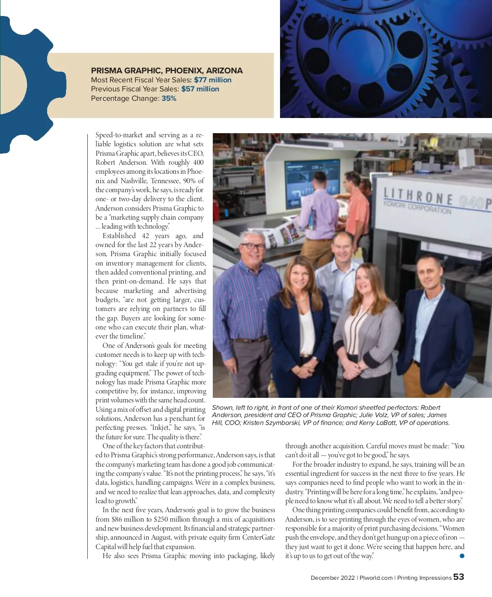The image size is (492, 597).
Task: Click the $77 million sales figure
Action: click(x=212, y=80)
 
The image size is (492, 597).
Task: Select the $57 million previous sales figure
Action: click(x=200, y=89)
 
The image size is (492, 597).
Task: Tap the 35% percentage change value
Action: click(x=169, y=98)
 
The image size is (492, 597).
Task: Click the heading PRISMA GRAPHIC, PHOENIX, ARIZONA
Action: click(x=167, y=70)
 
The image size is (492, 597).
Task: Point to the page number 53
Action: click(x=458, y=577)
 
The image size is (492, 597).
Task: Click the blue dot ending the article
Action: click(x=462, y=556)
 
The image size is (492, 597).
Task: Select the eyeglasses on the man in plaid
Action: click(x=253, y=246)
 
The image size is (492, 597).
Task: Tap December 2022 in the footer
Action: click(x=333, y=578)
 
